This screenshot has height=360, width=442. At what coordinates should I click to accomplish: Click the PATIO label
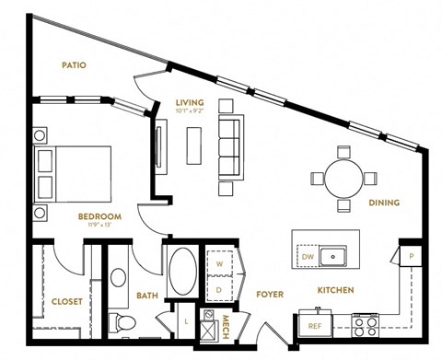coord(74,64)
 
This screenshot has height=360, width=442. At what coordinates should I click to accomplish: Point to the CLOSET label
coord(66,300)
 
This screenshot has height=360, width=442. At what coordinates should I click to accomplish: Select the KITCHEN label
coord(337,291)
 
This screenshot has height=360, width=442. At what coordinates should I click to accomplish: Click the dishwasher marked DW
coord(307,256)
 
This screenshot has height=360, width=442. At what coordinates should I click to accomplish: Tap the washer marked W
coord(219,261)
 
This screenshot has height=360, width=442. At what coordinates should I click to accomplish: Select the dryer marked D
coord(219,287)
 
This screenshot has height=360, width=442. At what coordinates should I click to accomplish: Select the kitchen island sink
coord(332,254)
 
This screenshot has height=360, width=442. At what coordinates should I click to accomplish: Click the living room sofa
coord(229,144)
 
